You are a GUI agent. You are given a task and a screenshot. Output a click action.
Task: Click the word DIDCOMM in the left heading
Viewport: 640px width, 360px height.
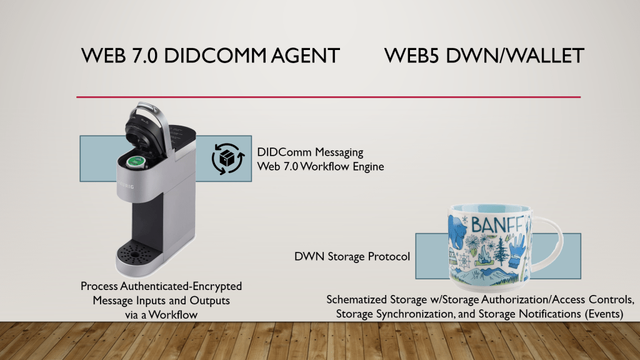click(209, 56)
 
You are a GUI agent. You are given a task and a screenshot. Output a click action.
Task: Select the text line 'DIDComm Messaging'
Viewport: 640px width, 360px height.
click(310, 152)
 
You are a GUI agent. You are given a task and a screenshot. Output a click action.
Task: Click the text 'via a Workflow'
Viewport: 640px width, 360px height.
click(161, 315)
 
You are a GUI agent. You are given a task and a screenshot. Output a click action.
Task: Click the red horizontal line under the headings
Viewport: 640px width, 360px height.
click(328, 97)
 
